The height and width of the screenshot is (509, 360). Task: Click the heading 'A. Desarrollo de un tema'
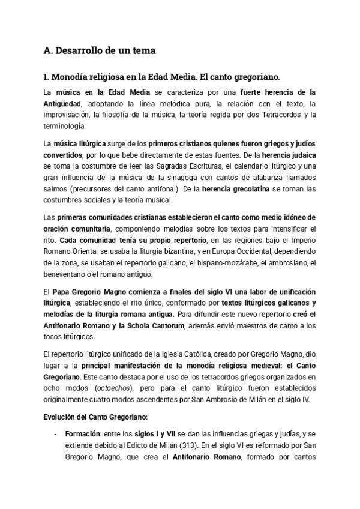pyautogui.click(x=100, y=52)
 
